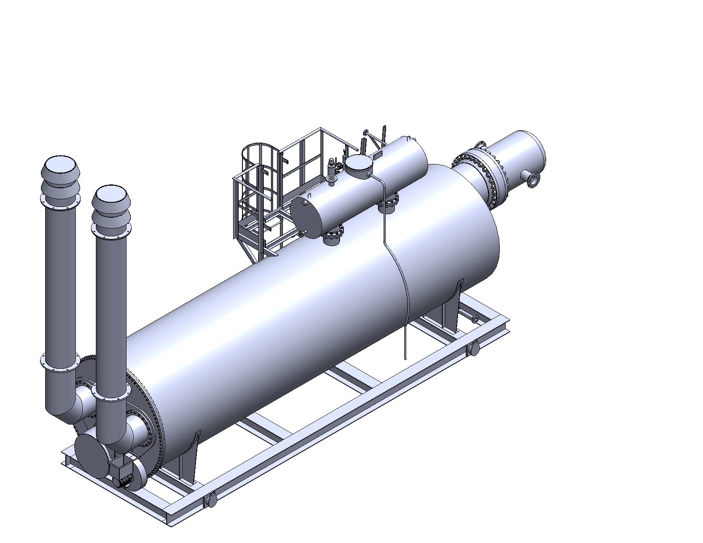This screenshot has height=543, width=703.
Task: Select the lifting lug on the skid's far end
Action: click(x=473, y=349)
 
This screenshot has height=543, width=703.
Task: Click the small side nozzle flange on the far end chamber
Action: click(x=532, y=179)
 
